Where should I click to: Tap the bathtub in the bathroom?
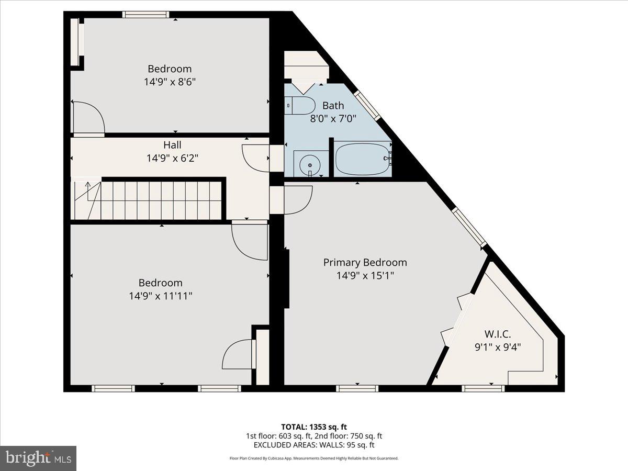click(x=363, y=159)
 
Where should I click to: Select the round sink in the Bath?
click(x=309, y=165)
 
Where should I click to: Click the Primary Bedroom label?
click(x=365, y=263)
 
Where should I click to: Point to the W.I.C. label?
click(x=497, y=334)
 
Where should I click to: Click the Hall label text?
click(x=172, y=145)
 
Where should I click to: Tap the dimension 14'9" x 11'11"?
click(x=161, y=296)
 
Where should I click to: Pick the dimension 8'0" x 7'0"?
click(x=333, y=118)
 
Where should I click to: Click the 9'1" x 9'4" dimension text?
click(x=497, y=346)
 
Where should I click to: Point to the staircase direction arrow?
click(x=87, y=185)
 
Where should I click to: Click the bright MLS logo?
click(x=38, y=458)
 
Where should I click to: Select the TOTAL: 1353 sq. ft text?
click(x=314, y=427)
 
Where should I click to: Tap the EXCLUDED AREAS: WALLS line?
click(x=314, y=445)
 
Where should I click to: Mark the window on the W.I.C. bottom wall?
click(x=483, y=388)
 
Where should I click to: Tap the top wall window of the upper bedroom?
click(x=146, y=14)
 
